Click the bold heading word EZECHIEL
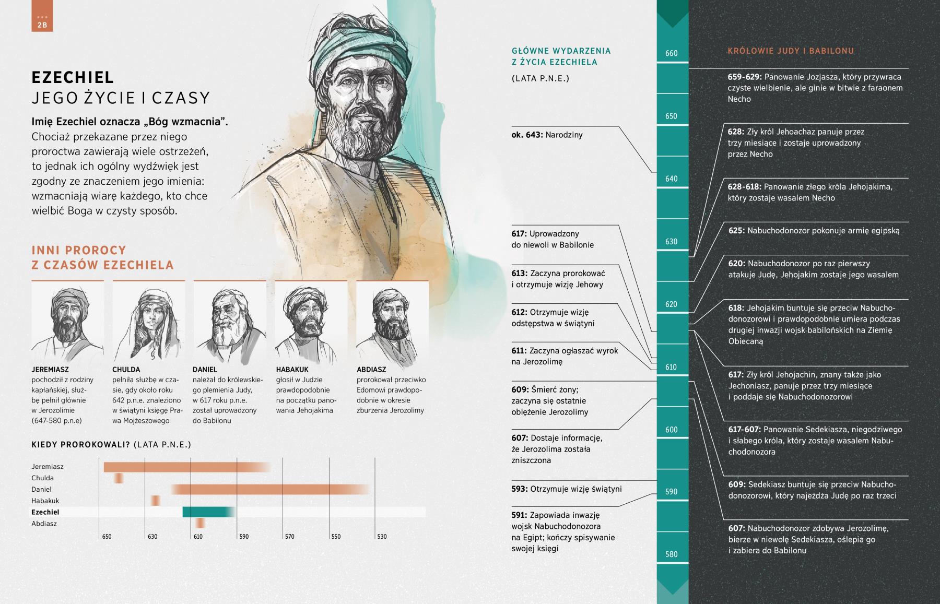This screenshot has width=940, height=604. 73,77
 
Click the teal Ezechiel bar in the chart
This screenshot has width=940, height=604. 208,512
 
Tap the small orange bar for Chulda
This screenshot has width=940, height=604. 119,478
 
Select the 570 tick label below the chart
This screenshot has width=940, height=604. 290,537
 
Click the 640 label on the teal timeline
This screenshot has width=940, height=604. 671,179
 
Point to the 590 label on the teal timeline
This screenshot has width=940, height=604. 671,492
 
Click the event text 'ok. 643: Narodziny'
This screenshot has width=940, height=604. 547,135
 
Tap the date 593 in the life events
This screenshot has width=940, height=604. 519,489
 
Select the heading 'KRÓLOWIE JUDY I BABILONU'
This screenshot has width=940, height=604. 791,51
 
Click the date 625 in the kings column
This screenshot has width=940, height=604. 736,231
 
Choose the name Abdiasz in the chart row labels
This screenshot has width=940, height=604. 44,524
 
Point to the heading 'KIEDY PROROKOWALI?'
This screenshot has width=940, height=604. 81,445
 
